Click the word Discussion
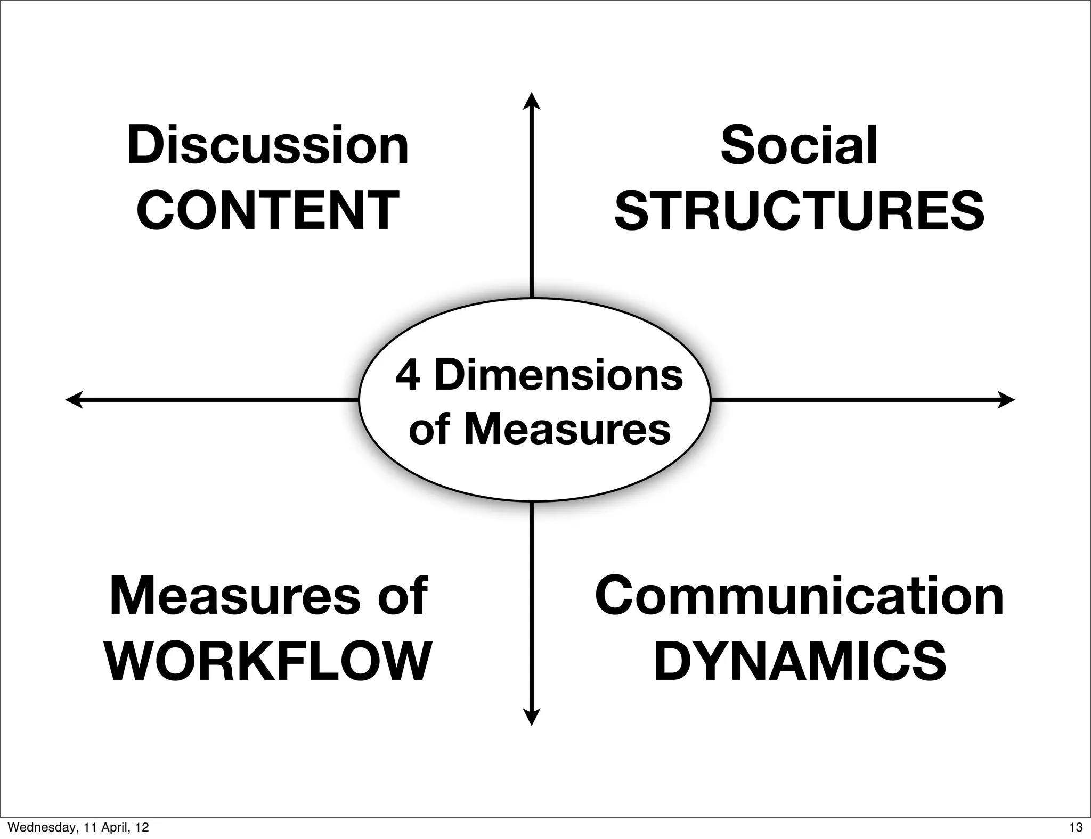click(x=268, y=145)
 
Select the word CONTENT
click(x=268, y=211)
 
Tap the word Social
click(x=799, y=145)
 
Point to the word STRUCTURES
click(x=799, y=211)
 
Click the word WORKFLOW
click(x=268, y=662)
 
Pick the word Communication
click(x=799, y=596)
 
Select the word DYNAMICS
click(x=800, y=662)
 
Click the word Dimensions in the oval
click(x=559, y=375)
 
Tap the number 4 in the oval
click(x=408, y=375)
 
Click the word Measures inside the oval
click(x=567, y=430)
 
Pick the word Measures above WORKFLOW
click(x=235, y=596)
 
